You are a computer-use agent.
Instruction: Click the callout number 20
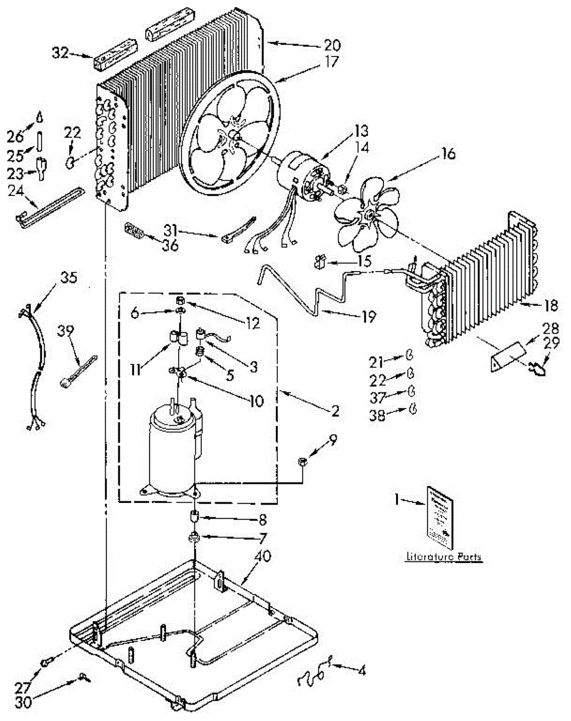[x=332, y=44]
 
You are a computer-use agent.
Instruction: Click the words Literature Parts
[x=444, y=557]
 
